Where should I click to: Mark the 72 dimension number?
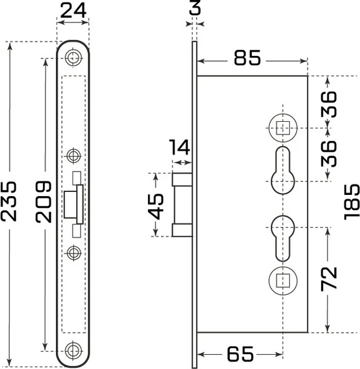click(x=330, y=279)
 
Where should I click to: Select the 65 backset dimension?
click(x=240, y=354)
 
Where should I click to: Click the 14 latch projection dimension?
click(x=180, y=148)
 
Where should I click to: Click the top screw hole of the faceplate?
click(x=74, y=58)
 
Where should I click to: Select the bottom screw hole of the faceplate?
click(x=74, y=351)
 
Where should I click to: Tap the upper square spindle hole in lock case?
click(x=283, y=128)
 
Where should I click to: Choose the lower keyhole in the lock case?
click(x=283, y=237)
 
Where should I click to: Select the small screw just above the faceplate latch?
click(x=74, y=154)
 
